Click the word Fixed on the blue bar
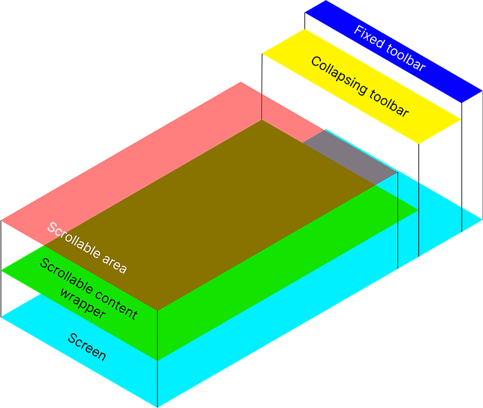pyautogui.click(x=369, y=37)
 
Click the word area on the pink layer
pyautogui.click(x=115, y=264)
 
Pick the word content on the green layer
pyautogui.click(x=116, y=304)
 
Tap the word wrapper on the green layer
pyautogui.click(x=83, y=303)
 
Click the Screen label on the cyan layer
pyautogui.click(x=87, y=347)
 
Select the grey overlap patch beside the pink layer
pyautogui.click(x=350, y=157)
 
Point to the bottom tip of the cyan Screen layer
pyautogui.click(x=157, y=407)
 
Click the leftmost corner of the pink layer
pyautogui.click(x=1, y=221)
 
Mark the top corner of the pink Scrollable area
pyautogui.click(x=241, y=82)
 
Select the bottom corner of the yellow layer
pyautogui.click(x=419, y=144)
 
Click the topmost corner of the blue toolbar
pyautogui.click(x=326, y=1)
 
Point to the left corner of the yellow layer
pyautogui.click(x=262, y=54)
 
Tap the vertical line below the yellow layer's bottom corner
pyautogui.click(x=419, y=200)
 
